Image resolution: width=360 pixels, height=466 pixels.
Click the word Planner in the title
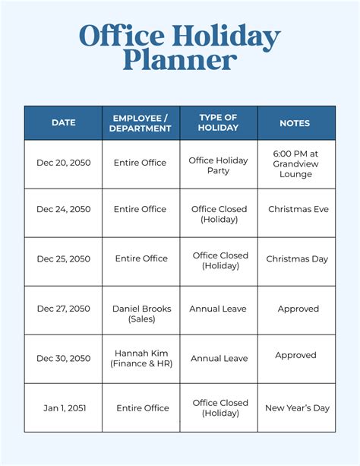pos(180,61)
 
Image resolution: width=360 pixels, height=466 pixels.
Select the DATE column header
pos(63,122)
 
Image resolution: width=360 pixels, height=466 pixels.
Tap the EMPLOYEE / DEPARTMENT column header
pos(141,122)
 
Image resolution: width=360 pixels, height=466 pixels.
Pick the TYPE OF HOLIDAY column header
pos(219,122)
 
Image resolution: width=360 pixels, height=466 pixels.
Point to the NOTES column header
pos(295,122)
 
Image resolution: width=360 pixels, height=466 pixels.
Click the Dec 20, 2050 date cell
pos(63,163)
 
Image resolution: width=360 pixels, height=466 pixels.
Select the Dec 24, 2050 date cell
pos(63,209)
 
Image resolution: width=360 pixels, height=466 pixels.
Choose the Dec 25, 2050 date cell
pos(63,258)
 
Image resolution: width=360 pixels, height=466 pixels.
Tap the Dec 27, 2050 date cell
pos(63,309)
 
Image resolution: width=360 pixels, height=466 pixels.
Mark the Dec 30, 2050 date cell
pos(63,358)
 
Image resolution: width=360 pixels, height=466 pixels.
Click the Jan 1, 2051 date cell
pos(65,408)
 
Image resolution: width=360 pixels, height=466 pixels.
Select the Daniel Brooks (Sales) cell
pos(142,313)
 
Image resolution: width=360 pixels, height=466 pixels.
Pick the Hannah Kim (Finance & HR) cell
pos(142,358)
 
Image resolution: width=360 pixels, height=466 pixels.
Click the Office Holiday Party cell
pos(219,166)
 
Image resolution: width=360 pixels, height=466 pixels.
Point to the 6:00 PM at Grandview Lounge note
pos(295,163)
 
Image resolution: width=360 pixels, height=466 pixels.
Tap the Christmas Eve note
pos(298,209)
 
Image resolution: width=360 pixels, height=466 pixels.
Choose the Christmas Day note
pos(297,258)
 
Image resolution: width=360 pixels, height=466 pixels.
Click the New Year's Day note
pos(297,408)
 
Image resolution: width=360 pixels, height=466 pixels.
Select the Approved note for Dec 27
pos(298,309)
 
